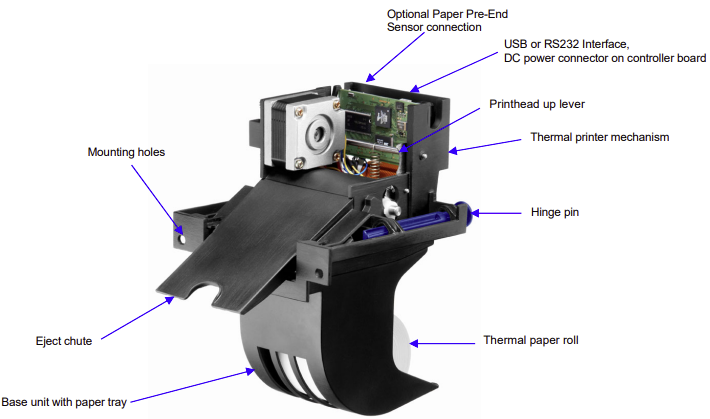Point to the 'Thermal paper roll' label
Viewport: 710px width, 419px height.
click(x=531, y=340)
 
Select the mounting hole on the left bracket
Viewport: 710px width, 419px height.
click(x=182, y=237)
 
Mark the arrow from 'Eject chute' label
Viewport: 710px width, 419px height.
click(x=135, y=318)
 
